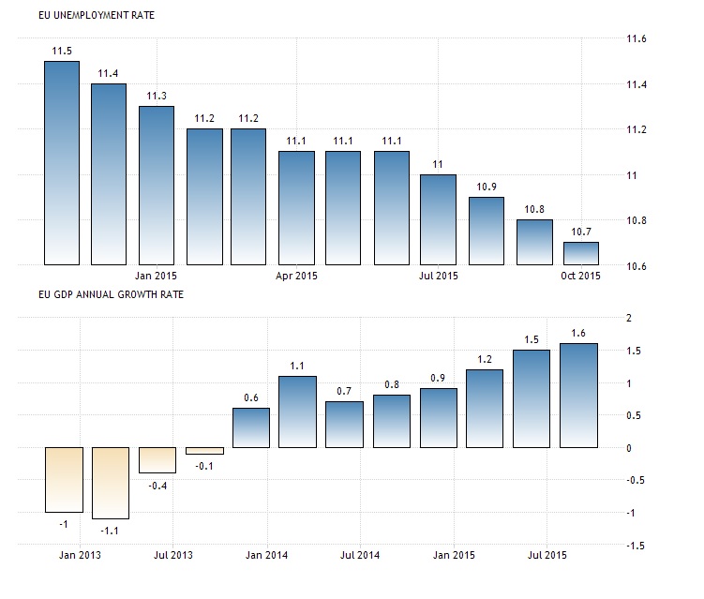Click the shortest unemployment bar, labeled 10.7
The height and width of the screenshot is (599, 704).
pyautogui.click(x=580, y=253)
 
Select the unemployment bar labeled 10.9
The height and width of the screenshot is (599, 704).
pyautogui.click(x=487, y=231)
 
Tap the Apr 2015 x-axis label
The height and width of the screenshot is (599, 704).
pyautogui.click(x=298, y=277)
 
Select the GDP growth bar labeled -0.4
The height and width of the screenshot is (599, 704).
pyautogui.click(x=157, y=460)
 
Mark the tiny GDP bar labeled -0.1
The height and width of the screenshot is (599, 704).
pyautogui.click(x=204, y=450)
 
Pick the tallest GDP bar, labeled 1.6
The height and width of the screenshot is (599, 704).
pyautogui.click(x=579, y=396)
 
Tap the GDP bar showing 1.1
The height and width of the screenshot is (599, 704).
pyautogui.click(x=298, y=412)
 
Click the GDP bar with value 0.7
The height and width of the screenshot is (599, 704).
pyautogui.click(x=345, y=425)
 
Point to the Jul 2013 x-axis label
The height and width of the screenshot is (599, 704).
pyautogui.click(x=172, y=554)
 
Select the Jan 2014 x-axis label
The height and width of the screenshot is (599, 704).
pyautogui.click(x=266, y=554)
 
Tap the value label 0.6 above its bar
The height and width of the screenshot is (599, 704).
pyautogui.click(x=251, y=397)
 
